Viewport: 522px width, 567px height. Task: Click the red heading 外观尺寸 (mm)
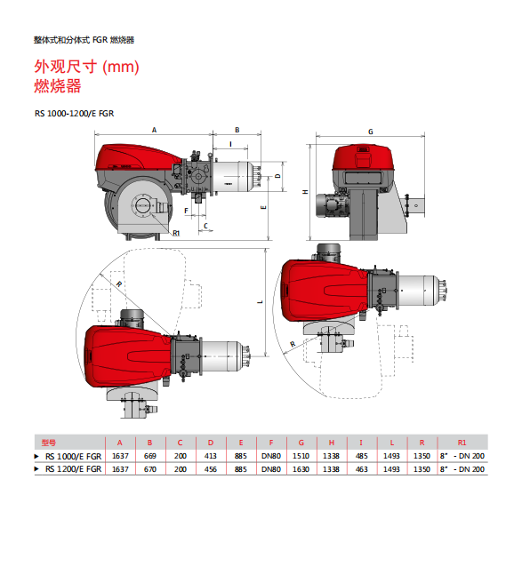(86, 67)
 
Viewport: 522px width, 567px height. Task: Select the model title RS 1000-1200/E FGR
(74, 114)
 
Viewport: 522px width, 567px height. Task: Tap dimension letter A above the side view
(154, 130)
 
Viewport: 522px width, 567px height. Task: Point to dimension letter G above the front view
(371, 132)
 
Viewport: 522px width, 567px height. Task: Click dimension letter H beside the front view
(306, 192)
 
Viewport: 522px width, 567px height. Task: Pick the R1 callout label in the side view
(176, 233)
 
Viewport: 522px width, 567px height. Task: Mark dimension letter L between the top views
(260, 301)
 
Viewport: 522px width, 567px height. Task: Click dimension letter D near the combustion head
(277, 176)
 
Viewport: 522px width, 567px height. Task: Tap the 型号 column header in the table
(49, 443)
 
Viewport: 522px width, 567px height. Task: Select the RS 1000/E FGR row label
(73, 456)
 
